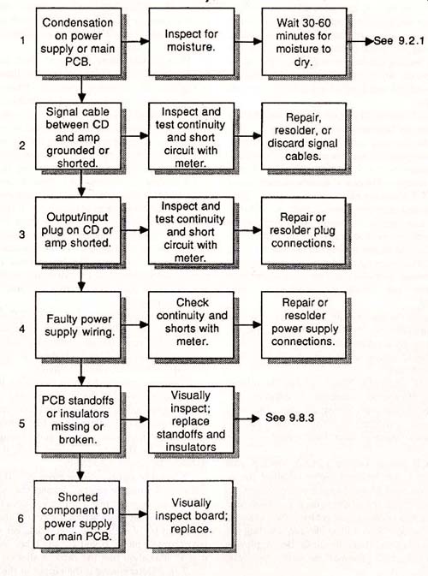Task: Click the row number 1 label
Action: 23,40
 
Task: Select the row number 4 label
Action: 22,328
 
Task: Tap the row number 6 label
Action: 21,519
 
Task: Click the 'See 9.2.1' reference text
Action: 399,40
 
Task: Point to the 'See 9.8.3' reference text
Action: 289,418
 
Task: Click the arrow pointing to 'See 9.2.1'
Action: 360,41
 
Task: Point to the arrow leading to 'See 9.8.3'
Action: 247,419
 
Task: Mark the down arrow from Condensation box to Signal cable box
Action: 81,89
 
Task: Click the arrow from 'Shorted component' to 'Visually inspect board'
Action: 134,514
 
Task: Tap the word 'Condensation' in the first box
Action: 78,23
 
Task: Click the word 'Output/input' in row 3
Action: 77,217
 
